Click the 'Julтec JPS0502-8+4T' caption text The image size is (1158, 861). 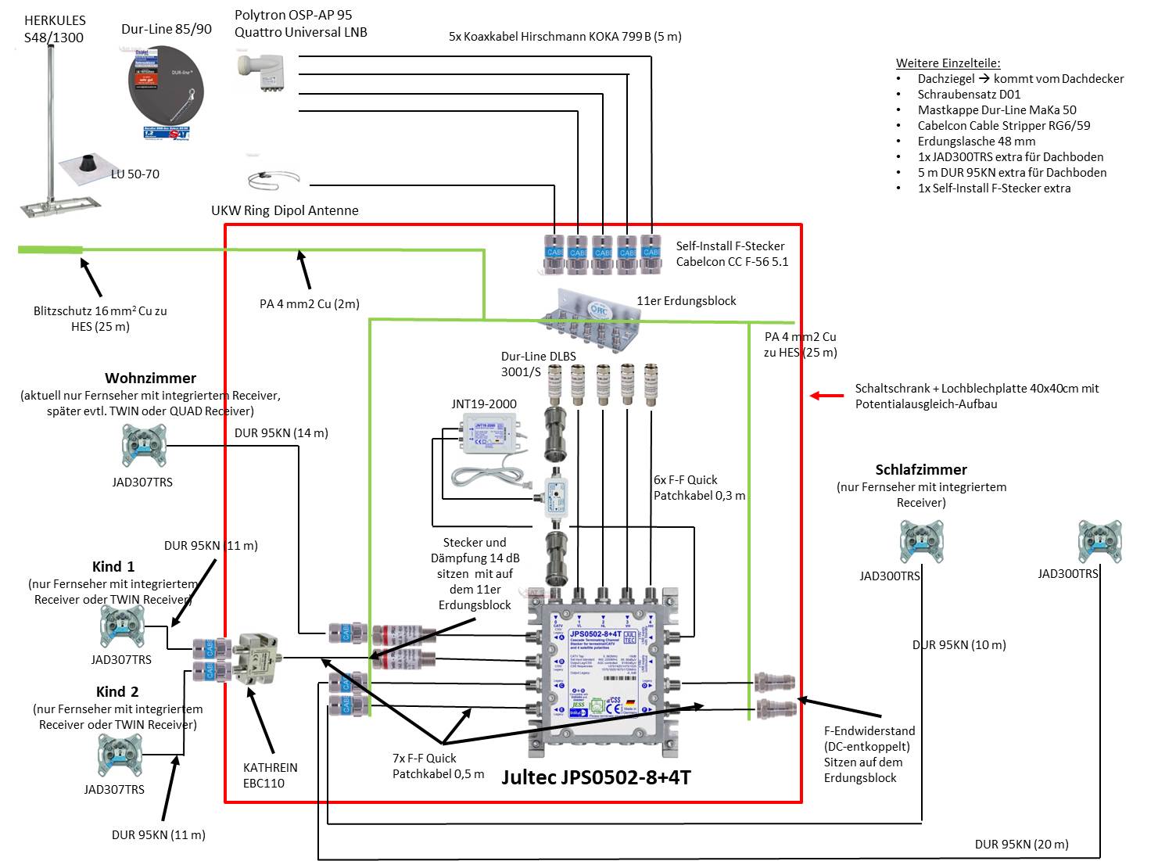pos(596,777)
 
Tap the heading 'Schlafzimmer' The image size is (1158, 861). pos(921,469)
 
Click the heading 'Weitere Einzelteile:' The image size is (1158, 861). pos(948,63)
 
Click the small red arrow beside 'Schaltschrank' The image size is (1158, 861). pos(826,396)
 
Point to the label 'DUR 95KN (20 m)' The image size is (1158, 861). pos(1021,844)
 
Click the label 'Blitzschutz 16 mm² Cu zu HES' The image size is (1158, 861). pos(100,318)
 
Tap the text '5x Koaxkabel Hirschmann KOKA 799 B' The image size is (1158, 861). pos(565,36)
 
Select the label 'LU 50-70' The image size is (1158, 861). pos(135,174)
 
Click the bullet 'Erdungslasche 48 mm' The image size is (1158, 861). pos(976,142)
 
